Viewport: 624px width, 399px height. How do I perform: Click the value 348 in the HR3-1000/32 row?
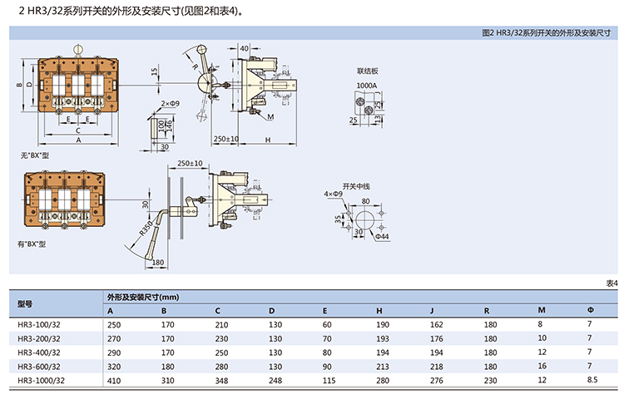click(x=221, y=381)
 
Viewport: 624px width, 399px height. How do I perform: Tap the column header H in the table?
click(x=379, y=311)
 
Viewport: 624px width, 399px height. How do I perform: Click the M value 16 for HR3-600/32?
click(x=542, y=367)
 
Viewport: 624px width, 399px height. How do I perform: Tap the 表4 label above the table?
click(x=612, y=283)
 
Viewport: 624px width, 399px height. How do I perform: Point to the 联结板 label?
click(x=367, y=71)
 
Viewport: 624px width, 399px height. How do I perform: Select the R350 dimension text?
click(x=146, y=232)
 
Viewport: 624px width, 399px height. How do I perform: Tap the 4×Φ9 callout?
click(x=333, y=195)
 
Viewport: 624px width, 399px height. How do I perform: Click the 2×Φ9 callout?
click(x=170, y=103)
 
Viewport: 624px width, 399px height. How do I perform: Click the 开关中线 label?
click(x=357, y=185)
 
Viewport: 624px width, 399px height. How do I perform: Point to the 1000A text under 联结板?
click(x=367, y=85)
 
